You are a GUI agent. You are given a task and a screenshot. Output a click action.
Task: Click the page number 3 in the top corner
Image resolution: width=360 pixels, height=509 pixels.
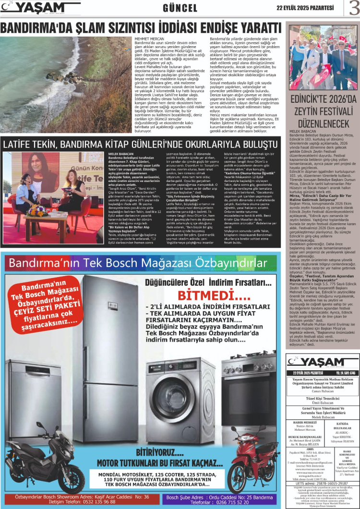point(354,8)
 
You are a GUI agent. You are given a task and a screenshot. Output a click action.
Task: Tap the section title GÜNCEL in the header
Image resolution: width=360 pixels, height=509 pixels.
point(180,8)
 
